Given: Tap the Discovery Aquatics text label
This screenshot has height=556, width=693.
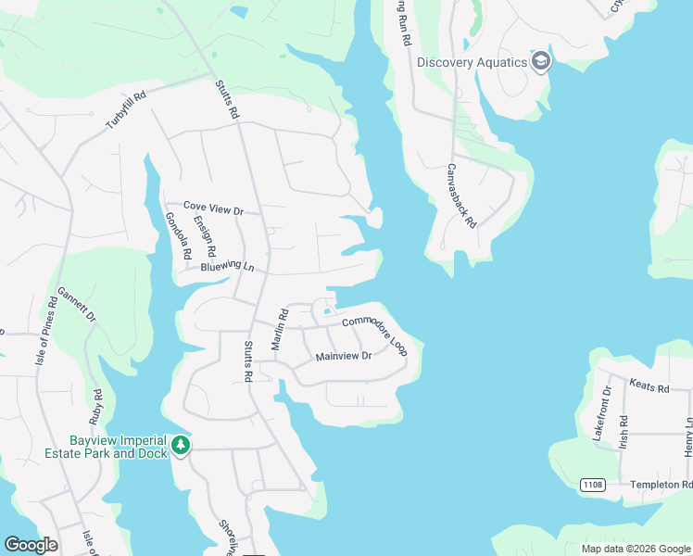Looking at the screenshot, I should click(472, 63).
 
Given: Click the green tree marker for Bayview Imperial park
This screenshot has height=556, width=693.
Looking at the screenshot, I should click(181, 447).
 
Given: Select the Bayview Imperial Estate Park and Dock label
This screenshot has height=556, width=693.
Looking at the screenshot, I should click(118, 447).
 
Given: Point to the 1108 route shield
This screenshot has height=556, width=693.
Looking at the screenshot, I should click(594, 485).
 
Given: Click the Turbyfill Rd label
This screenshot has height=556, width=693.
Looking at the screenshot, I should click(127, 109).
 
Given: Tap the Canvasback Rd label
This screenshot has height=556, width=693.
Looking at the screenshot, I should click(460, 196).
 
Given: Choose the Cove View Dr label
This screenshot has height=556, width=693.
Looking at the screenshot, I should click(212, 209).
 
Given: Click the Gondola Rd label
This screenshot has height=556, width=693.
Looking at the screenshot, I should click(177, 235).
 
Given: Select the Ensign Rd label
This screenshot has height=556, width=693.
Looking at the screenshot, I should click(205, 236).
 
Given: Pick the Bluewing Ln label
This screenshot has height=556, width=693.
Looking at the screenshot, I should click(227, 267).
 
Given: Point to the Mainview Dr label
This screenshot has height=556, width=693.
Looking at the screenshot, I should click(343, 356).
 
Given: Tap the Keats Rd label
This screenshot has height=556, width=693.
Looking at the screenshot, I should click(649, 387).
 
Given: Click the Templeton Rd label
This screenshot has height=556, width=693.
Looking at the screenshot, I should click(661, 485).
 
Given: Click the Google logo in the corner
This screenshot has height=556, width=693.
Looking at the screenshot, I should click(31, 544).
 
